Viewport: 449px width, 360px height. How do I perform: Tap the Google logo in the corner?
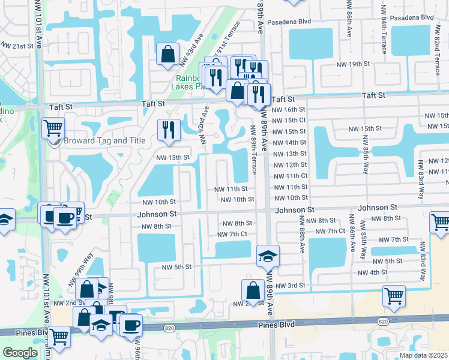[20, 353]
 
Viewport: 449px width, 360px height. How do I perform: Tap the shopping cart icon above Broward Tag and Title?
[53, 128]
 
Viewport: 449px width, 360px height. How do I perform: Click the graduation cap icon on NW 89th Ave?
[267, 256]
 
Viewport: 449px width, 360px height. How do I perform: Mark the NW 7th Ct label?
[232, 234]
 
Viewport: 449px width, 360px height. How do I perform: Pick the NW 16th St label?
[289, 110]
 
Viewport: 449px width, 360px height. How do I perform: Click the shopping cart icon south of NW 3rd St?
[394, 296]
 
